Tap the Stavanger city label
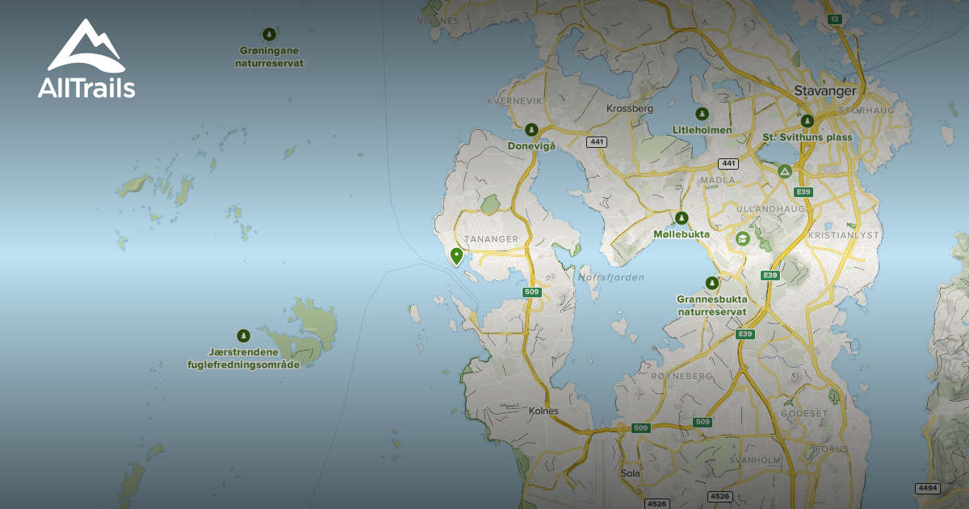pyautogui.click(x=824, y=90)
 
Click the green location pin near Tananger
pyautogui.click(x=456, y=256)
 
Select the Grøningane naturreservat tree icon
pyautogui.click(x=270, y=34)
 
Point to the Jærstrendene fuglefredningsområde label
pyautogui.click(x=243, y=358)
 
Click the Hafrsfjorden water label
pyautogui.click(x=610, y=277)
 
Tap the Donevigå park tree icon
pyautogui.click(x=531, y=129)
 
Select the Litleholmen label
pyautogui.click(x=702, y=130)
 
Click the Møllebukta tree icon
pyautogui.click(x=682, y=217)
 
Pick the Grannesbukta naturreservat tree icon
pyautogui.click(x=711, y=283)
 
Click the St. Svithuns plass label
pyautogui.click(x=807, y=137)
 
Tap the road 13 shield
pyautogui.click(x=834, y=18)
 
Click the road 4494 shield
pyautogui.click(x=928, y=488)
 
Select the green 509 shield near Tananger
pyautogui.click(x=531, y=292)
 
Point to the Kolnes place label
pyautogui.click(x=543, y=410)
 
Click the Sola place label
pyautogui.click(x=630, y=473)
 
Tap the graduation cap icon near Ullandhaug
pyautogui.click(x=742, y=239)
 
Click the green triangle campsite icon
pyautogui.click(x=784, y=171)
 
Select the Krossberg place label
pyautogui.click(x=629, y=108)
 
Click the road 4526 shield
pyautogui.click(x=657, y=503)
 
